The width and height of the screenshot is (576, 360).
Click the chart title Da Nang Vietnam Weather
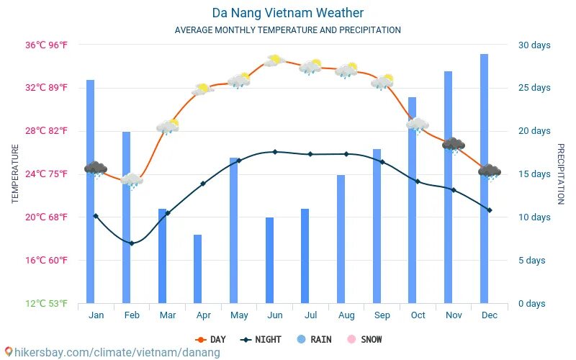287,13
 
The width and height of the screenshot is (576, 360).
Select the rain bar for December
484,180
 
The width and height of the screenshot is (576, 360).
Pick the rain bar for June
269,260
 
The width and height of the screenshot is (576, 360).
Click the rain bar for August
341,239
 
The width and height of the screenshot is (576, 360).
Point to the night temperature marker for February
132,243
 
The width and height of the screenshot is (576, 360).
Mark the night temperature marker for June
274,152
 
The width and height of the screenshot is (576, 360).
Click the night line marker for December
490,210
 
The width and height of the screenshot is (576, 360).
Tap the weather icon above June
274,61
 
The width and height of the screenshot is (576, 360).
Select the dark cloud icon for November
453,145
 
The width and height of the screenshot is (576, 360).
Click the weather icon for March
168,127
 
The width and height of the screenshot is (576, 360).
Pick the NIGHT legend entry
261,339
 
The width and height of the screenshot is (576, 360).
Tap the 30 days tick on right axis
534,45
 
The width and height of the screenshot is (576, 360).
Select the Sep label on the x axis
382,315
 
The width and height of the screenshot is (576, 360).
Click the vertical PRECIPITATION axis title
561,174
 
